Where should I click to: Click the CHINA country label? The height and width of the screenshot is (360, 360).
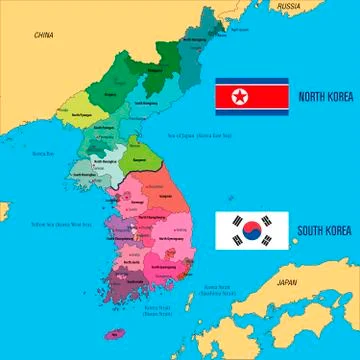(43, 34)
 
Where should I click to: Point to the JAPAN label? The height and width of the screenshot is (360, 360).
(287, 282)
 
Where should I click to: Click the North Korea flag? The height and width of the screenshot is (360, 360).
(252, 96)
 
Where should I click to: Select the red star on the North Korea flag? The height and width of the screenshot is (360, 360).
(238, 96)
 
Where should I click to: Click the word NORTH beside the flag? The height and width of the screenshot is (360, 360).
(310, 96)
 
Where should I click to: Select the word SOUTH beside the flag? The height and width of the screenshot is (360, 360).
(310, 232)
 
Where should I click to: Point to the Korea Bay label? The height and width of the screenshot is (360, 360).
(42, 153)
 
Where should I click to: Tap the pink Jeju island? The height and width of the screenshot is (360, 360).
(118, 333)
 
